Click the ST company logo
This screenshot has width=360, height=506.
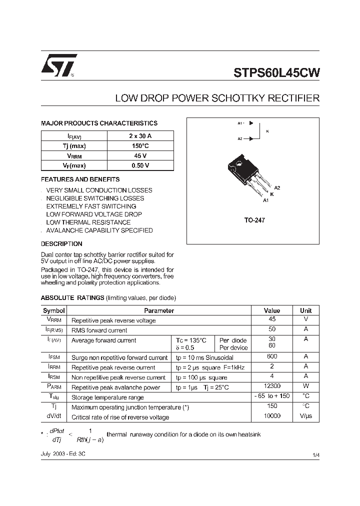click(x=59, y=65)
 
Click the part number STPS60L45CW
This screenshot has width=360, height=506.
click(x=276, y=72)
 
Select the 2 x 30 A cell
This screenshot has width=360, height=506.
click(x=140, y=136)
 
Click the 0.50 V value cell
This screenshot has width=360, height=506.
click(x=140, y=165)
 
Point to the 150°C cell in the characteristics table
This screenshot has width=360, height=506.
click(x=140, y=146)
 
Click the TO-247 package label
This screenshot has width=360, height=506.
click(x=254, y=220)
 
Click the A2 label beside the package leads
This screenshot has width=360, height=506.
click(x=277, y=187)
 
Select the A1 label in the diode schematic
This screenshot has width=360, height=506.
click(x=240, y=123)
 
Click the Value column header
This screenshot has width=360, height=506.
click(x=271, y=310)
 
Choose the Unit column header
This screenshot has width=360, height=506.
click(x=305, y=310)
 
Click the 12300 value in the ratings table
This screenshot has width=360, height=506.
click(x=271, y=386)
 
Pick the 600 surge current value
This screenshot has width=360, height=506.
click(x=271, y=357)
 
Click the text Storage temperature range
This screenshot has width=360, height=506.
click(x=107, y=397)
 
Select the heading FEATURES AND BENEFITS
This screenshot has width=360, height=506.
click(x=80, y=179)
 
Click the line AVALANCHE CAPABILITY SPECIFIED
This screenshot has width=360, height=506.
click(x=99, y=230)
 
